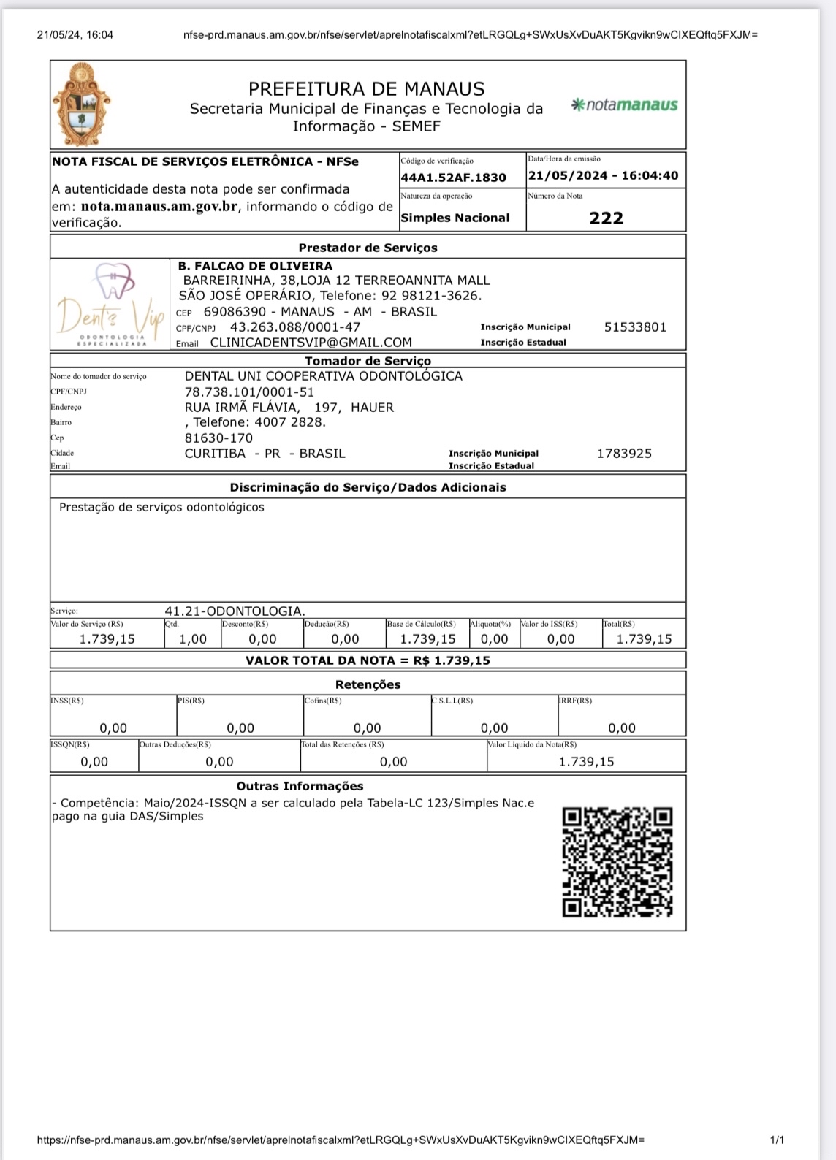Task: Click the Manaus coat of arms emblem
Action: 81,104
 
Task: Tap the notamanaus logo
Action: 625,105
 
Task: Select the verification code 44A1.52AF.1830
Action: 453,178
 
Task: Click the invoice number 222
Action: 606,218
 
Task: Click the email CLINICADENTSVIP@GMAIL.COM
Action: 311,343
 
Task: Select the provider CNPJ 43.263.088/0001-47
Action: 295,327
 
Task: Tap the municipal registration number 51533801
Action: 635,327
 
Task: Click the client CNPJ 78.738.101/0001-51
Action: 249,392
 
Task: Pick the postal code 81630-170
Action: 218,438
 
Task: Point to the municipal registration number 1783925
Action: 624,454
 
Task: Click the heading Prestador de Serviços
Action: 368,248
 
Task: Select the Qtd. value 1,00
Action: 193,639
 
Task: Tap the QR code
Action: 617,862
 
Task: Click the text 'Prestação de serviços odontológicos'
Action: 161,508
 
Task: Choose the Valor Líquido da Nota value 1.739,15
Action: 586,762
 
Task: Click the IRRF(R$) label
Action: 576,701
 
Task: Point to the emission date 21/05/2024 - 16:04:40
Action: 603,176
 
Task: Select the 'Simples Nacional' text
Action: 455,218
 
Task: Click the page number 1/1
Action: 777,1140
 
